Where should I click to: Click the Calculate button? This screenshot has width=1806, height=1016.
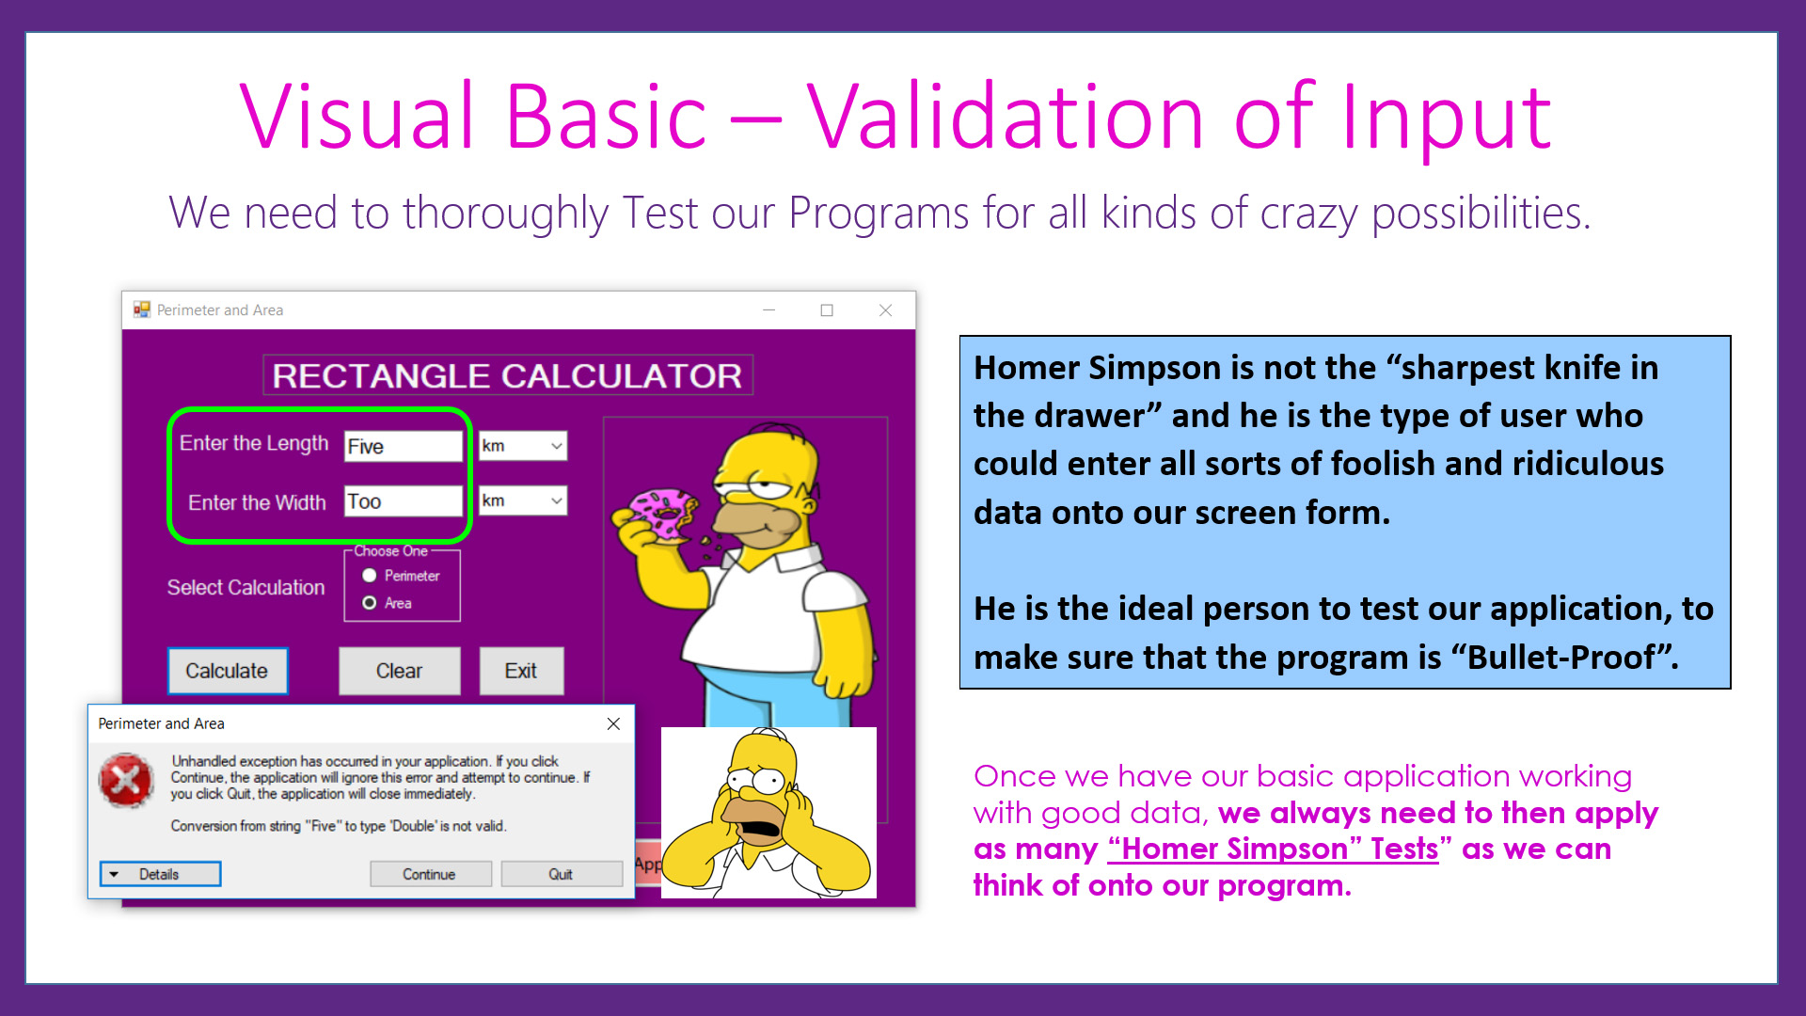228,671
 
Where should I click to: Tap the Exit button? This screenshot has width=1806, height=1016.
521,671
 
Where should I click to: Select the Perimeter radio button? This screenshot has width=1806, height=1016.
370,576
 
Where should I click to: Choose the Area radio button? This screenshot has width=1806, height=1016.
370,603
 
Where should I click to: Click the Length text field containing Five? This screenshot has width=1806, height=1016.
403,446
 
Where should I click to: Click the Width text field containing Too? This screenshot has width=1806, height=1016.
403,501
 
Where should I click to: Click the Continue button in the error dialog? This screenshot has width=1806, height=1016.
430,874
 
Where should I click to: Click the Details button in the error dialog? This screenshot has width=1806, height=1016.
160,874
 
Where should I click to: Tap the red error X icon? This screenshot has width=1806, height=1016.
126,780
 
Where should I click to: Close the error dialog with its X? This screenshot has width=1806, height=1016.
613,723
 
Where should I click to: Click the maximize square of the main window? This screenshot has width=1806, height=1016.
827,310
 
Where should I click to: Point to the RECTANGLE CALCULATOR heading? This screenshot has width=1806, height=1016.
507,375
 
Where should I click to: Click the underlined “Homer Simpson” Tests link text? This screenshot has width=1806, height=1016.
1273,849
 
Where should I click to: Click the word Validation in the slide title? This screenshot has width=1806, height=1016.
1005,117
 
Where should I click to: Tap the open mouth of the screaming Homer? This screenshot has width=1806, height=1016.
760,830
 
